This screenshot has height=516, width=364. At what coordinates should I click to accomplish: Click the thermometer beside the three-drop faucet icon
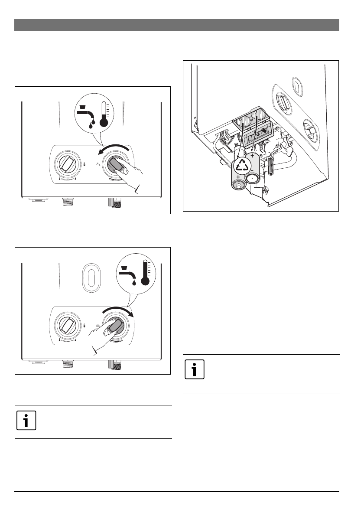click(103, 114)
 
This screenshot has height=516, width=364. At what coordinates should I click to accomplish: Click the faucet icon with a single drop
click(129, 274)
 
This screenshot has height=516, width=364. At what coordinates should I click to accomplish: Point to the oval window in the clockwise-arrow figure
click(91, 276)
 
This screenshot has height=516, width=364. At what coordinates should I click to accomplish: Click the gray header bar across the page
click(176, 25)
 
